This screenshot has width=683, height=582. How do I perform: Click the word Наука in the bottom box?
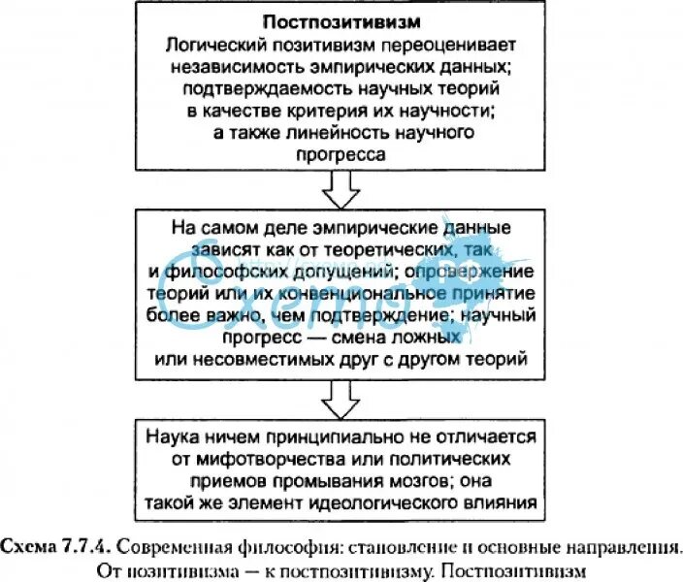click(x=177, y=438)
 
